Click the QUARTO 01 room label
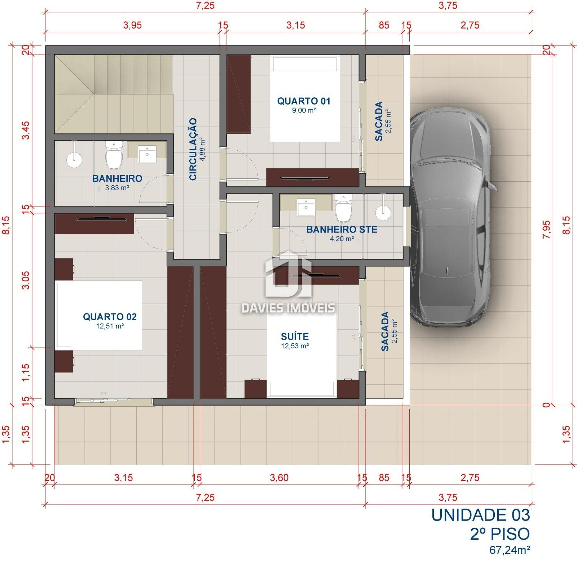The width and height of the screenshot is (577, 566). pos(303,101)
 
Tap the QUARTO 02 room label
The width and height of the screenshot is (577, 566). pos(110,317)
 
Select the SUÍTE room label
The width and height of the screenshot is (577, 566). pos(295,336)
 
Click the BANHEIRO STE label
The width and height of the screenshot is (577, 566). pos(342,229)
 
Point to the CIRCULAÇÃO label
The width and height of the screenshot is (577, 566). pos(193,149)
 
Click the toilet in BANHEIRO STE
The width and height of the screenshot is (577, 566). pos(343,208)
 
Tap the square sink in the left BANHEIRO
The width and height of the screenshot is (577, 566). pos(147,154)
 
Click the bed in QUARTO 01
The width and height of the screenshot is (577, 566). pos(305,98)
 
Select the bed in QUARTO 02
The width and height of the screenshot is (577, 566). pos(98,315)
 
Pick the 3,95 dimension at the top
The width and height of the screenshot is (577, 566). pos(132,25)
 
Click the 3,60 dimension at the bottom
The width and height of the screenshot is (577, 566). pos(279,478)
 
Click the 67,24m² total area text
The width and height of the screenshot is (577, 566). pos(509,550)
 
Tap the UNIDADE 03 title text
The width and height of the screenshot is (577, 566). pos(480,515)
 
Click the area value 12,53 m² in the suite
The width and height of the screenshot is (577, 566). pos(295,346)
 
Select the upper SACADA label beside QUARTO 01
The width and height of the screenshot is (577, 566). pos(379,121)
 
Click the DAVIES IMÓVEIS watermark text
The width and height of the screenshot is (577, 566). pos(288,308)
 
